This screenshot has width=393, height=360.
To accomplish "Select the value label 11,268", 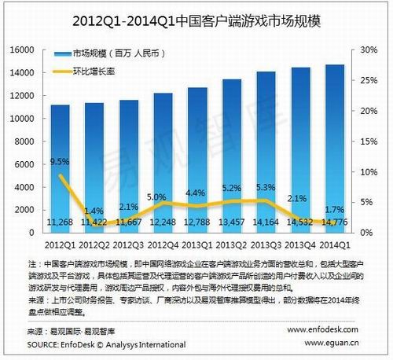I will click(61, 223).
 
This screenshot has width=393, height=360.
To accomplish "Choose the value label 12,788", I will click(197, 223).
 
